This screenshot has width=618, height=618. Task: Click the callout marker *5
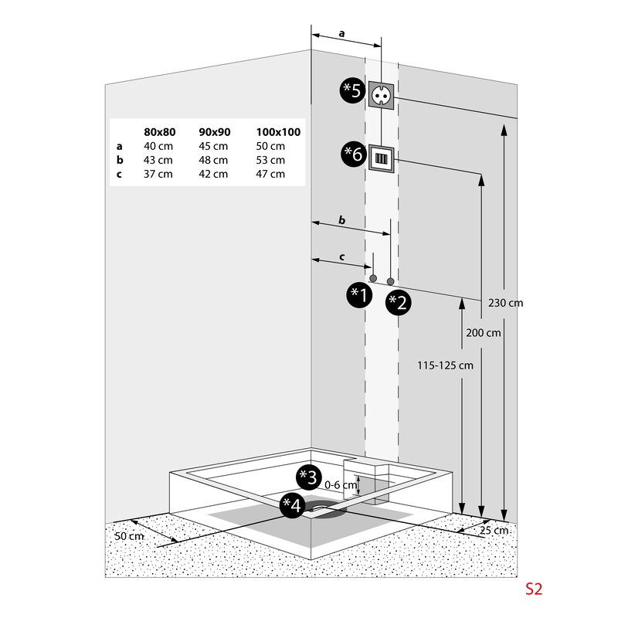(x=352, y=91)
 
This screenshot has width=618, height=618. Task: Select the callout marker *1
(x=358, y=294)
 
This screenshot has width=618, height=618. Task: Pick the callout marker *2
(x=399, y=301)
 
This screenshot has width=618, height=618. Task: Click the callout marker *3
(x=308, y=477)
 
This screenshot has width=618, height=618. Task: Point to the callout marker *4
(x=291, y=505)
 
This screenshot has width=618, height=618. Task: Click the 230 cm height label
(x=506, y=303)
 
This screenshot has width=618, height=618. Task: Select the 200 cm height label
(x=484, y=333)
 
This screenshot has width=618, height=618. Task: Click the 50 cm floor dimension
(x=129, y=536)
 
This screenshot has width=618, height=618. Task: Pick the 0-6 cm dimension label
(x=341, y=485)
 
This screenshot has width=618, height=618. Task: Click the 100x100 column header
(x=278, y=132)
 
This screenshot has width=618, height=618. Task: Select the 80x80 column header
(x=160, y=132)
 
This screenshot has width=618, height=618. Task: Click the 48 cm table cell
(x=213, y=160)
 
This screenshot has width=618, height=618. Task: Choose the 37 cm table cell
(x=158, y=174)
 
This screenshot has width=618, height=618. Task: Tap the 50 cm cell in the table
(x=270, y=146)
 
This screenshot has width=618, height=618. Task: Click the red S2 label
(x=534, y=589)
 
